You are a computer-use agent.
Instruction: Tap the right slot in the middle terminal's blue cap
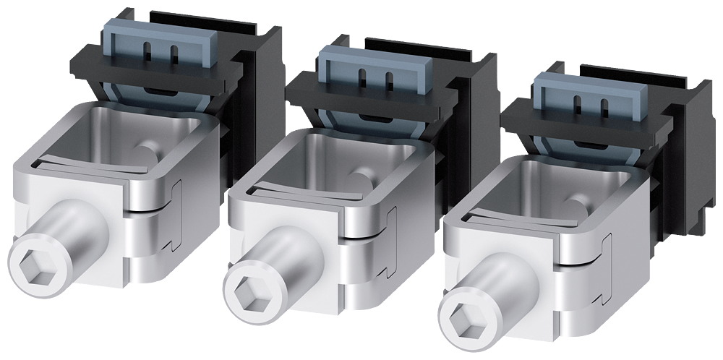click(390, 80)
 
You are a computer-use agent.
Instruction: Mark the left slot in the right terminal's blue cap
click(578, 103)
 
